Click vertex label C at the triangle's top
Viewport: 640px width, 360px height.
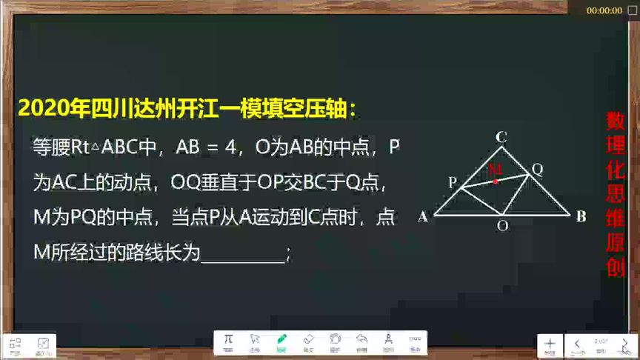point(501,136)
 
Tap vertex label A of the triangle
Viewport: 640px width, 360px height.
point(423,217)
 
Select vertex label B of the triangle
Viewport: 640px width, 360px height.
point(581,216)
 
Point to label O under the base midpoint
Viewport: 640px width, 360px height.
point(502,227)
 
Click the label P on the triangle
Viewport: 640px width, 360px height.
point(453,182)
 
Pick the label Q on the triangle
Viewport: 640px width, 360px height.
point(538,169)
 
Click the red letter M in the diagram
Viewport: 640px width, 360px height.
point(496,169)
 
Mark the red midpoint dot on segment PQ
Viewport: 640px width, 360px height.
point(496,181)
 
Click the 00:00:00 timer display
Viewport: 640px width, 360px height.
point(604,10)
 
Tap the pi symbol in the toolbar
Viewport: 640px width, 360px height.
point(228,339)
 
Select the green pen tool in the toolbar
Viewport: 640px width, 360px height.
point(281,340)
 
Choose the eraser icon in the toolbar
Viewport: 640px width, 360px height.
point(309,339)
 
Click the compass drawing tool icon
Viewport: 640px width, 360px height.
point(388,340)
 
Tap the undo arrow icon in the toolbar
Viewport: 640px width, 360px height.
point(361,339)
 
